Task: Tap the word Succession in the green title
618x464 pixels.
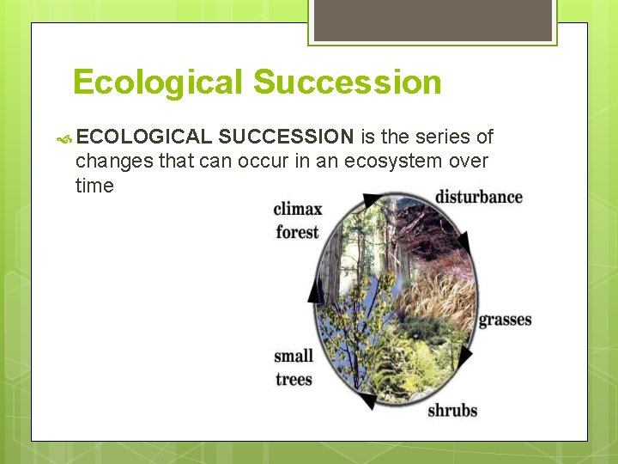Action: [x=347, y=82]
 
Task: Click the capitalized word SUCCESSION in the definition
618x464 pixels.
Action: [x=286, y=137]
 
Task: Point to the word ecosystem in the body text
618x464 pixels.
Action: [x=405, y=161]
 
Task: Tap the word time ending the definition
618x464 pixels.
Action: [x=94, y=186]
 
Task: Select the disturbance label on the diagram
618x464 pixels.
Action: [x=478, y=197]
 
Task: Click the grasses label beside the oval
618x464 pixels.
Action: [x=505, y=320]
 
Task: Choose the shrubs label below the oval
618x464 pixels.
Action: [x=452, y=410]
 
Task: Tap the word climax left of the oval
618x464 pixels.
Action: [x=298, y=209]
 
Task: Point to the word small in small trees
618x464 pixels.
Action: [x=294, y=356]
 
